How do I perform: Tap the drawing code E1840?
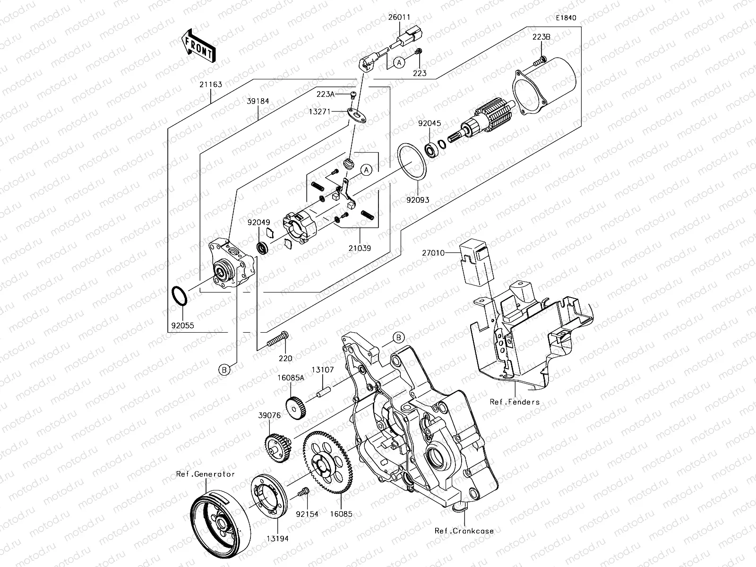pyautogui.click(x=566, y=18)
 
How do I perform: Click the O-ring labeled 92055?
pyautogui.click(x=180, y=297)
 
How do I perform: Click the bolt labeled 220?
pyautogui.click(x=278, y=339)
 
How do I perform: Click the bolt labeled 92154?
pyautogui.click(x=303, y=493)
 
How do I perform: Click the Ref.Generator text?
pyautogui.click(x=206, y=474)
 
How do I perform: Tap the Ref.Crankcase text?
pyautogui.click(x=464, y=531)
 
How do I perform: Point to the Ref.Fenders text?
pyautogui.click(x=515, y=402)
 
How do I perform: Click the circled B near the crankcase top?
pyautogui.click(x=399, y=337)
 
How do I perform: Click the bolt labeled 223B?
pyautogui.click(x=541, y=60)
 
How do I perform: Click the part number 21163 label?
pyautogui.click(x=210, y=85)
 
